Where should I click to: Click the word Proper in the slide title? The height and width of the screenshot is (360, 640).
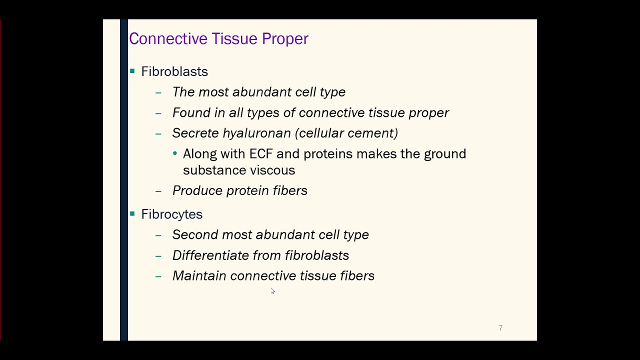point(285,39)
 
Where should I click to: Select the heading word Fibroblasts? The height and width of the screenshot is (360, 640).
point(174,71)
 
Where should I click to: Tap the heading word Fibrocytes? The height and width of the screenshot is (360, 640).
point(171,214)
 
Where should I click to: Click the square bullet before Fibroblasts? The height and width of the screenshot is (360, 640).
point(132,71)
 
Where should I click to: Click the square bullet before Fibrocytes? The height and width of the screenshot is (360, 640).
point(132,214)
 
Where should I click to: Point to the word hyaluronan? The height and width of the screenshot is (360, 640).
point(256,133)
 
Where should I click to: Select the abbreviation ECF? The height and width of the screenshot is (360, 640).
point(260,153)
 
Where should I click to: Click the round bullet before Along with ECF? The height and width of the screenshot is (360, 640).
point(175,153)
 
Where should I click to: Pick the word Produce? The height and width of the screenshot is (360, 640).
point(197,190)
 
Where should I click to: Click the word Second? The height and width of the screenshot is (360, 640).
point(195,235)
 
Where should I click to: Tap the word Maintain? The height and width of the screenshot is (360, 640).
point(199,276)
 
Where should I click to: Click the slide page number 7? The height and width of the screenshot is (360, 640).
point(500,328)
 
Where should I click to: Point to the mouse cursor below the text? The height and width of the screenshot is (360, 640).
point(272,291)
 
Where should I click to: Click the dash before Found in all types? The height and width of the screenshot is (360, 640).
point(158,113)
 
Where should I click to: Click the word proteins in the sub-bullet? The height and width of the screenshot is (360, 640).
point(328,153)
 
